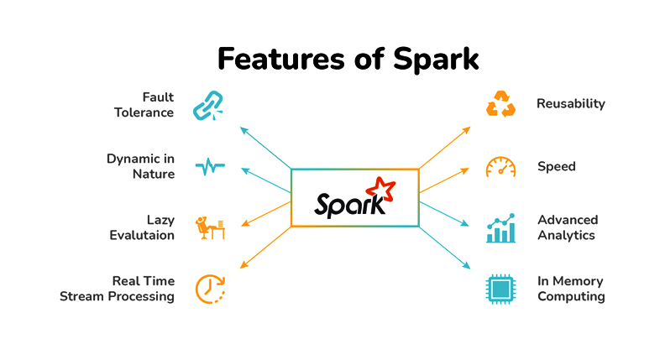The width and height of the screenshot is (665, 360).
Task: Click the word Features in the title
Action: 280,59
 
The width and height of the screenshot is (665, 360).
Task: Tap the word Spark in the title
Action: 436,60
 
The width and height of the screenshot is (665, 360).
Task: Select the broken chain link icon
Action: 208,106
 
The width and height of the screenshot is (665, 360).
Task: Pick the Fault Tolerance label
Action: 144,105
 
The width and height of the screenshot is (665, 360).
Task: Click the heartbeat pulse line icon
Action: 210,166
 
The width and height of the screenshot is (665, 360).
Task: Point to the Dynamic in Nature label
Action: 140,166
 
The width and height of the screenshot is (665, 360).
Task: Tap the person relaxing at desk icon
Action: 210,227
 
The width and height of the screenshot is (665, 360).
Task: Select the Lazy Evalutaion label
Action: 142,227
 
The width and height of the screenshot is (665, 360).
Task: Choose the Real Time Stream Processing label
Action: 117,289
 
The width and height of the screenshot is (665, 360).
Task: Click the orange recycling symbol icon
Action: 501,103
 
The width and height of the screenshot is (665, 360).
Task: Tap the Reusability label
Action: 571,104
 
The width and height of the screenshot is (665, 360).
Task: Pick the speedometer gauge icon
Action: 501,166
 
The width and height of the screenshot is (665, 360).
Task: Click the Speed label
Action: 557,167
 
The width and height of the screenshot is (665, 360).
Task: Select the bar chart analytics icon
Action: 501,228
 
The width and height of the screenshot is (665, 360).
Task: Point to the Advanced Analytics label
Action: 568,227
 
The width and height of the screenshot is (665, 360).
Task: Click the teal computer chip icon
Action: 501,290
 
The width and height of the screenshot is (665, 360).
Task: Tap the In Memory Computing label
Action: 571,289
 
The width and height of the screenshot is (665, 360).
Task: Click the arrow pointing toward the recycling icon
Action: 445,148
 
